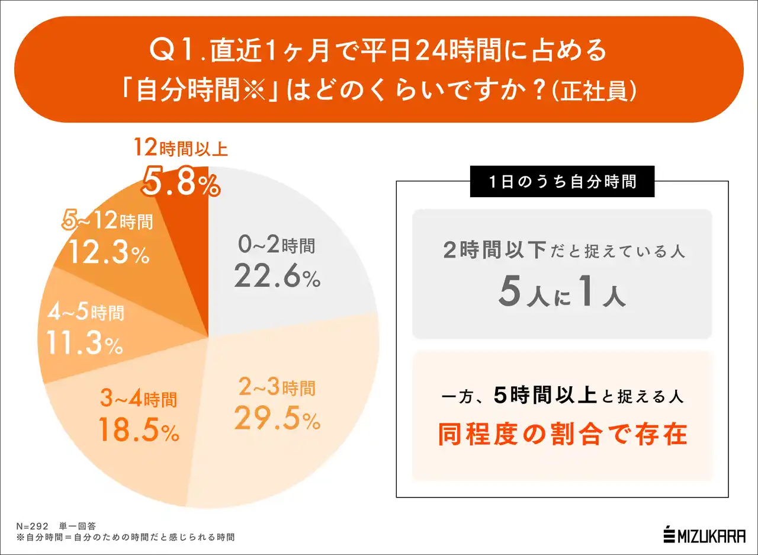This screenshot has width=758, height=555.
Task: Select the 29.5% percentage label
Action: click(x=277, y=419)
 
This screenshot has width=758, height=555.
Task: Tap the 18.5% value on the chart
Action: click(x=139, y=431)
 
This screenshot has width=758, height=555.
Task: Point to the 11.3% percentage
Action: click(x=84, y=344)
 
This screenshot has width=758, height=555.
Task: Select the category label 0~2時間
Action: click(x=277, y=245)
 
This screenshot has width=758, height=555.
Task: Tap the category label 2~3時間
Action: click(x=277, y=389)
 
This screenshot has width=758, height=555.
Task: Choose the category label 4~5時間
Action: click(x=85, y=312)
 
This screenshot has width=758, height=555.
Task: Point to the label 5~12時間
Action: click(x=108, y=222)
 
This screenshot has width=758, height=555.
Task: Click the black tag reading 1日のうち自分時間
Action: click(x=562, y=181)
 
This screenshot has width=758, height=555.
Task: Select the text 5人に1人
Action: click(x=562, y=294)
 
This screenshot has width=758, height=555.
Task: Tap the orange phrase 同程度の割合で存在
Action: click(x=562, y=434)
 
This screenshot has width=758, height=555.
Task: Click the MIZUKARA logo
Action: click(x=704, y=534)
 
